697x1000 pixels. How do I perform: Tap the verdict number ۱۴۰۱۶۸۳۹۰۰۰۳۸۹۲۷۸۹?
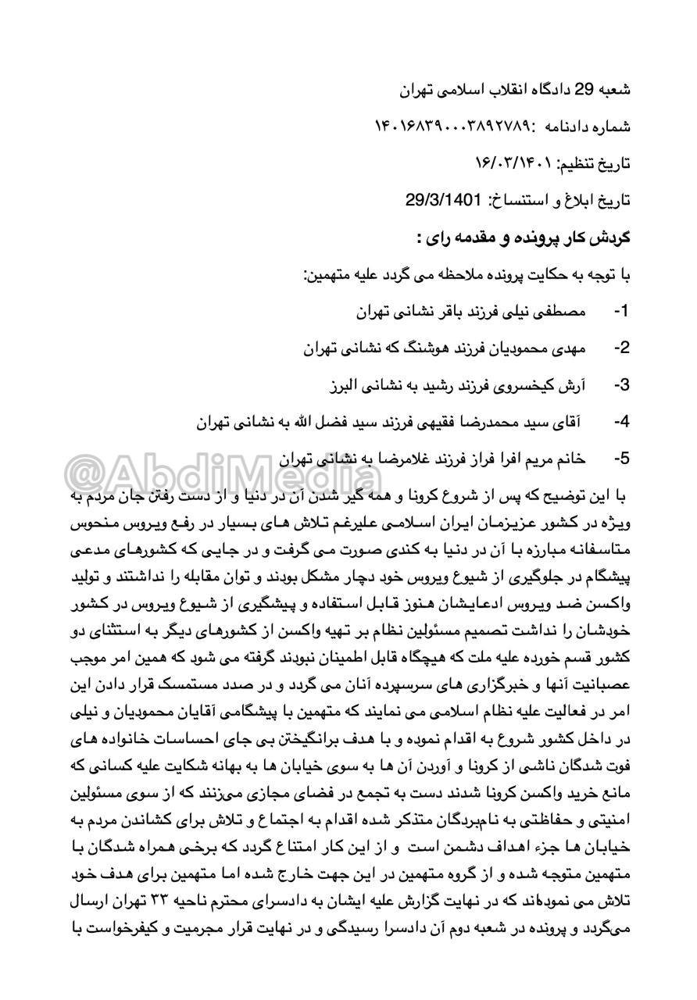click(x=452, y=127)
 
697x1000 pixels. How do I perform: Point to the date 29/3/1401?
click(x=443, y=200)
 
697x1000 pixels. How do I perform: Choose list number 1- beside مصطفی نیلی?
click(x=621, y=311)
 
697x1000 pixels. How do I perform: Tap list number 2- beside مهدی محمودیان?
click(x=621, y=348)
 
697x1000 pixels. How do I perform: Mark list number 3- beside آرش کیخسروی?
click(x=621, y=385)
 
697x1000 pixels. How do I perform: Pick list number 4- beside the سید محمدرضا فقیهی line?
click(x=621, y=422)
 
